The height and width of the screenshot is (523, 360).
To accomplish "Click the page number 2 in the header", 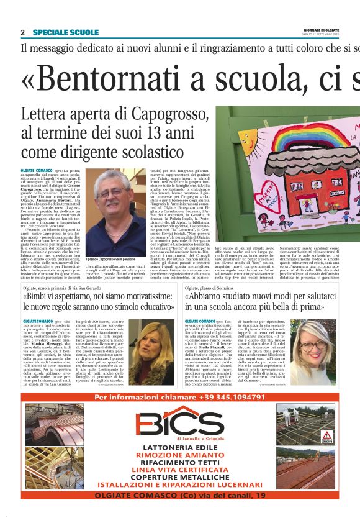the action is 22,32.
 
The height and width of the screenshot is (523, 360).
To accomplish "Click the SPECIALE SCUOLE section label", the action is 65,32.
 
